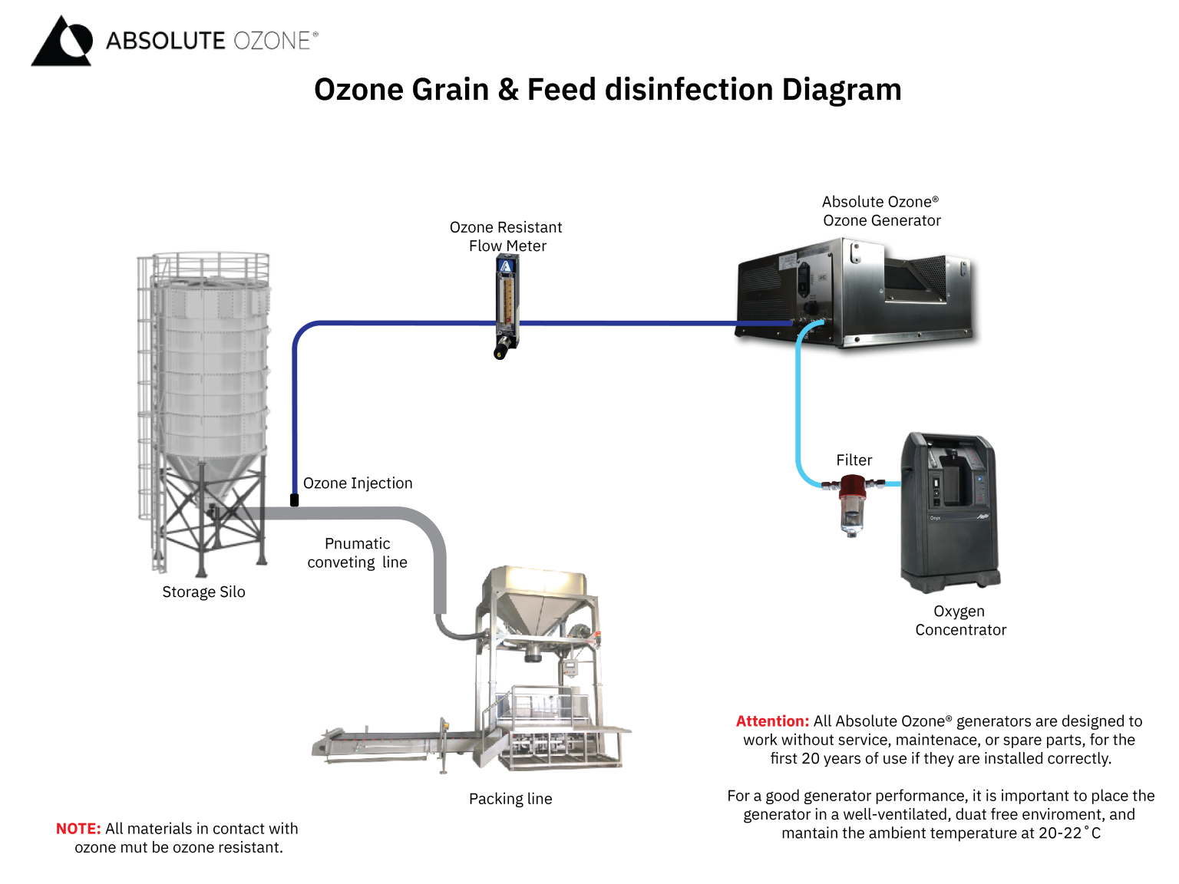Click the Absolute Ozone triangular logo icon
click(61, 42)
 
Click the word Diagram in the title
click(841, 90)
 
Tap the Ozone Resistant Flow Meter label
click(506, 236)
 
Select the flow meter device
click(506, 303)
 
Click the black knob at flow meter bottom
click(500, 353)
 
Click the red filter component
click(852, 488)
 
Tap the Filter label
click(854, 460)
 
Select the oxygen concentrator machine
click(950, 510)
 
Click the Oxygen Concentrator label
click(959, 621)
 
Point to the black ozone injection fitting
click(294, 500)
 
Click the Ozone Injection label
click(358, 483)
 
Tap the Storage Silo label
click(203, 592)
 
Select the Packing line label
click(510, 799)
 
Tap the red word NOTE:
click(78, 829)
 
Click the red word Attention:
click(772, 721)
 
